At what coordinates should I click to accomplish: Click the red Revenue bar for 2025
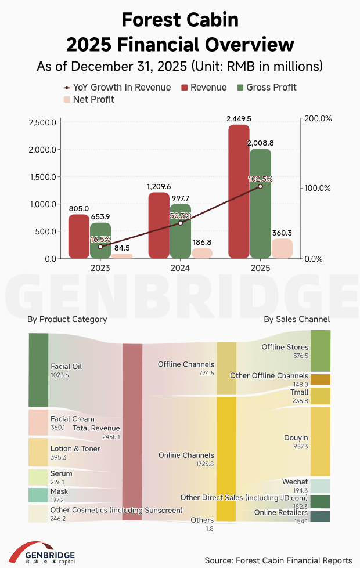[x=239, y=191]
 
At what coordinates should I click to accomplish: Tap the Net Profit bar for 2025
[x=282, y=248]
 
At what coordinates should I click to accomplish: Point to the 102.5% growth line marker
[x=260, y=186]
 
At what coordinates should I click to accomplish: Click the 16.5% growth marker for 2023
[x=100, y=247]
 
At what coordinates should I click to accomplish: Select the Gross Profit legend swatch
[x=241, y=88]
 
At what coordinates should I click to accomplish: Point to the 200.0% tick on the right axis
[x=318, y=118]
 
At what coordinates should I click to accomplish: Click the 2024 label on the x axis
[x=181, y=268]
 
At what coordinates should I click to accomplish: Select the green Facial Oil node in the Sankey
[x=38, y=370]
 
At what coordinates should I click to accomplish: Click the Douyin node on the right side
[x=321, y=442]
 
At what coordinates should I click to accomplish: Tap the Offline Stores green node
[x=321, y=350]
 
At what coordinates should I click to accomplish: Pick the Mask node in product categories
[x=38, y=495]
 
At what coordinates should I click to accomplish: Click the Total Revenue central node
[x=132, y=432]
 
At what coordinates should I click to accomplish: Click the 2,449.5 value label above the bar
[x=239, y=118]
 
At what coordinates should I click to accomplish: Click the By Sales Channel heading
[x=296, y=320]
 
